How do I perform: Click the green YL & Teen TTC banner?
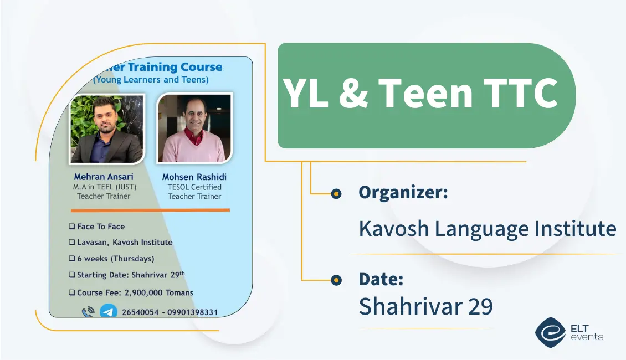427,96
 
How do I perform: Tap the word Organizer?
403,192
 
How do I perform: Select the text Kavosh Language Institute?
488,229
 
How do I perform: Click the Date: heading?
381,279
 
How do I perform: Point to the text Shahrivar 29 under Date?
425,306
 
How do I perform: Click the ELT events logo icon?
551,332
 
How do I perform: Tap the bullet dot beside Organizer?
336,194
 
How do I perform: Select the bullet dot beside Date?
336,280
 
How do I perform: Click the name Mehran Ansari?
104,177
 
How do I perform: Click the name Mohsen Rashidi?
194,177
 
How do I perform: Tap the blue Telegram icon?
108,311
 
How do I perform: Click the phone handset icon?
88,312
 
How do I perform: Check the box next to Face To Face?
72,227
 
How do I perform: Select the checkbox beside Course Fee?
72,292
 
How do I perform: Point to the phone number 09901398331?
192,312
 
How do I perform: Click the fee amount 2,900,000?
143,292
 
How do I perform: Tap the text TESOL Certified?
194,187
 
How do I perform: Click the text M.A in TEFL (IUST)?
105,187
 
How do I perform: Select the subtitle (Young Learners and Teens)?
151,79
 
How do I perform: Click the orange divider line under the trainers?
151,210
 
